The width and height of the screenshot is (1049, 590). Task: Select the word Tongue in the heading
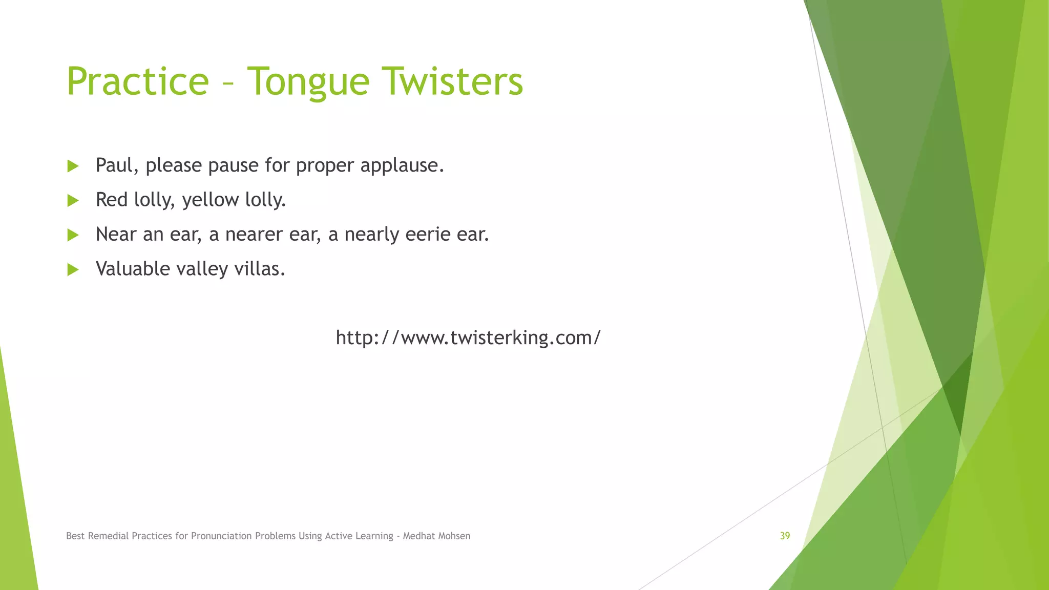(308, 82)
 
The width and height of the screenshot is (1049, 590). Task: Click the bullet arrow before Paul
(73, 166)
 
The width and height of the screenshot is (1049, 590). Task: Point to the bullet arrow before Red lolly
(73, 200)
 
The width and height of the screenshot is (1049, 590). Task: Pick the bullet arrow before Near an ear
(73, 235)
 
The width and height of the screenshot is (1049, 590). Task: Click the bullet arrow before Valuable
(73, 269)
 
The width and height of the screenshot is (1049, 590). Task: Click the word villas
(259, 268)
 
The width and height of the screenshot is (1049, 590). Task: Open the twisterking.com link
(468, 338)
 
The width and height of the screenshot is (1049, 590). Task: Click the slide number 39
(785, 536)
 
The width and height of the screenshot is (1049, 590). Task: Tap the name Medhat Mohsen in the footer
(436, 536)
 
